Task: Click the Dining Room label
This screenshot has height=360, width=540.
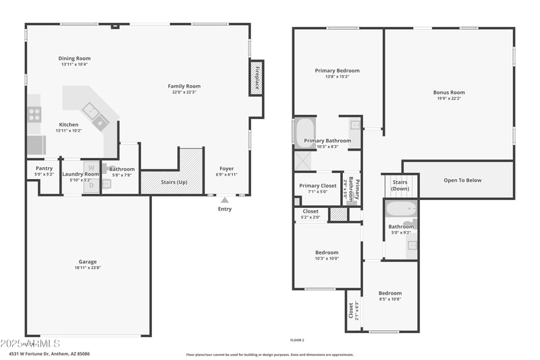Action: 74,59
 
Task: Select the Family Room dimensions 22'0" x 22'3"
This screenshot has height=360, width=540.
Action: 184,93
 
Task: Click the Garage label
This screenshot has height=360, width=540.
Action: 87,261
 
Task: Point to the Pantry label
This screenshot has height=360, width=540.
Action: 44,168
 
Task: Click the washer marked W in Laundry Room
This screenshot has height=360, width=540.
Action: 91,168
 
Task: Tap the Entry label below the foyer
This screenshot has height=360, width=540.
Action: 225,209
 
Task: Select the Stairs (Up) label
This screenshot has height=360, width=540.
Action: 174,182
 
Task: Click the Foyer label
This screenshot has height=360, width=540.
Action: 227,169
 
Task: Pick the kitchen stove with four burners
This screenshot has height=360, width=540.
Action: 34,115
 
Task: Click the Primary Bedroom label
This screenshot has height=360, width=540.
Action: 337,71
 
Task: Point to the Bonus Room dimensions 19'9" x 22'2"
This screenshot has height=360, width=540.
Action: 449,99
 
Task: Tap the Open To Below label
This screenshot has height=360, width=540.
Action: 462,180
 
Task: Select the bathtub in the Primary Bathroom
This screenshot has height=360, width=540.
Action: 304,132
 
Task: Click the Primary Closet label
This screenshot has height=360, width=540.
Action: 318,186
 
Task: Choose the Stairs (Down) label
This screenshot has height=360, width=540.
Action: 400,185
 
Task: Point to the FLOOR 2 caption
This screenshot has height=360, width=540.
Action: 297,340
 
